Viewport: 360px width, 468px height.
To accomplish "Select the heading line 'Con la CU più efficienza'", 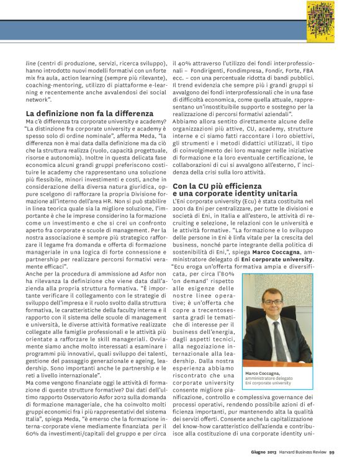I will tap(225, 186).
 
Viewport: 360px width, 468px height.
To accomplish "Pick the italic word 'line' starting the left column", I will tap(30, 63).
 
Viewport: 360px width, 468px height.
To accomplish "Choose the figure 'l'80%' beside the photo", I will tap(226, 274).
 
